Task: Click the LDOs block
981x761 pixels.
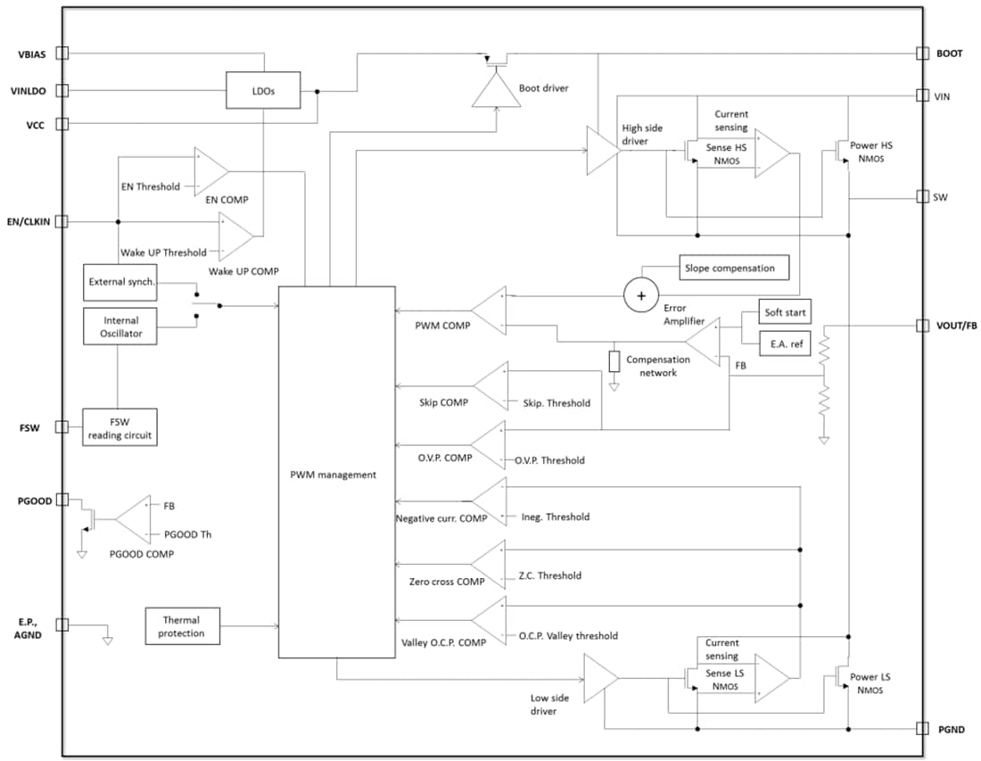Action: (262, 90)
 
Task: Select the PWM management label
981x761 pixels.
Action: (337, 475)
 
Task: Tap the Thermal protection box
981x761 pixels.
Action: (181, 626)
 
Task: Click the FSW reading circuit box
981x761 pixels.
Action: (120, 428)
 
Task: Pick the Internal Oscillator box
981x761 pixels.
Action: (121, 327)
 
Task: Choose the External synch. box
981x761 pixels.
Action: (121, 282)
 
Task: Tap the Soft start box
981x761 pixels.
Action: (785, 313)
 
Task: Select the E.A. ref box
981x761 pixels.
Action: (785, 343)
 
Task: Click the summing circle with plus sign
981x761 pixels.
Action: (639, 295)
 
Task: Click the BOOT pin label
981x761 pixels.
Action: (949, 54)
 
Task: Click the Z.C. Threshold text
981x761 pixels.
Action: (549, 575)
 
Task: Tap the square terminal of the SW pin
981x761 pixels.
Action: (922, 196)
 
